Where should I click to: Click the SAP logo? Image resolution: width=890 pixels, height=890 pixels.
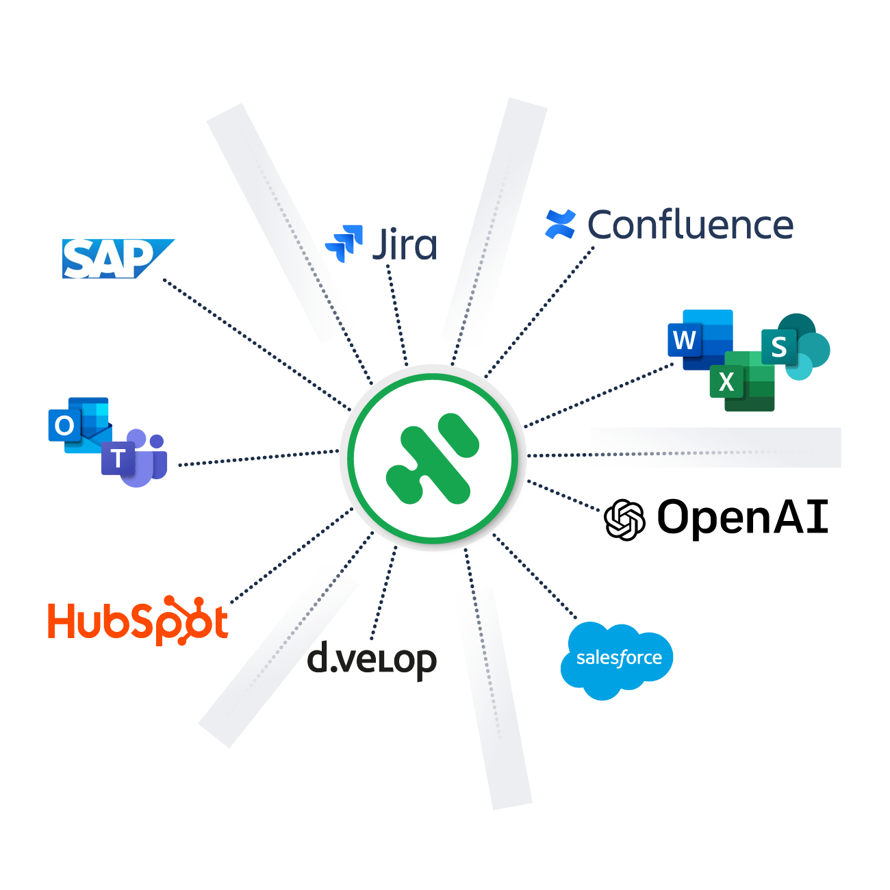(x=118, y=259)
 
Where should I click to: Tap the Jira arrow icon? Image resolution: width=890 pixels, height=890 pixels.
(x=344, y=242)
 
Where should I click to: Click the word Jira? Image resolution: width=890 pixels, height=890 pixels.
(x=405, y=244)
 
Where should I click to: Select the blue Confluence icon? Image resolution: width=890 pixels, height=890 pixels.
(x=561, y=225)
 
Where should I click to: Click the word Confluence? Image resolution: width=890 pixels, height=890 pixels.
(x=690, y=225)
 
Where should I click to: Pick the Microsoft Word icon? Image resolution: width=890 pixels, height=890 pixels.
(x=699, y=339)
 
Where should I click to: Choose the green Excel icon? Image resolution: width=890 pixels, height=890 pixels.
(x=741, y=381)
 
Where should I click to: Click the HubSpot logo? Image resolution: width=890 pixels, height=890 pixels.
(x=137, y=622)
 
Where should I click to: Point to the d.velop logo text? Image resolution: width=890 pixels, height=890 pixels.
(x=372, y=660)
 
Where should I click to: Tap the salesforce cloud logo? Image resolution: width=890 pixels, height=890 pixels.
(x=617, y=659)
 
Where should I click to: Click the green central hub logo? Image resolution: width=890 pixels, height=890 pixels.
(x=433, y=458)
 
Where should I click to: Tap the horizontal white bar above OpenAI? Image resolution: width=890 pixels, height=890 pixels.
(x=715, y=447)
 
